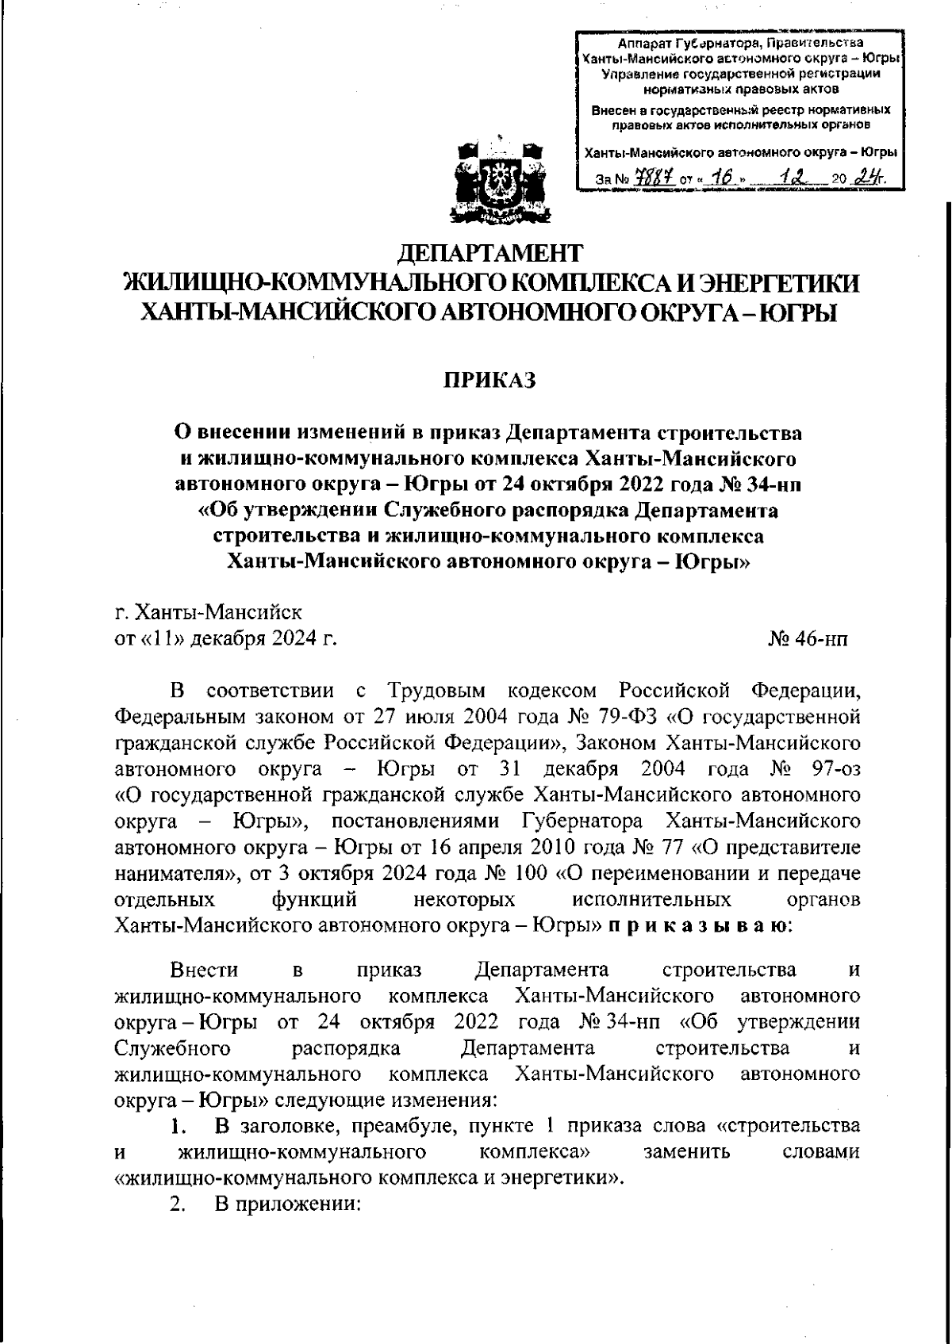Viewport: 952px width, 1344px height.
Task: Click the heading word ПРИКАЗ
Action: click(x=489, y=381)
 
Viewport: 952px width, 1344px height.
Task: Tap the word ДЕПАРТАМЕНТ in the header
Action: click(x=489, y=253)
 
